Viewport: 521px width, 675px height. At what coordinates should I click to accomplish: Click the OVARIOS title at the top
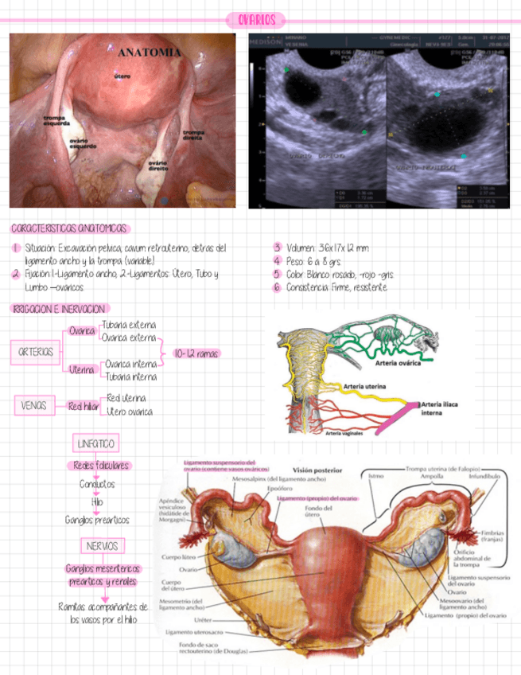(256, 19)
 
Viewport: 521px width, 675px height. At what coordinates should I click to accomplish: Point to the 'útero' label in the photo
(122, 76)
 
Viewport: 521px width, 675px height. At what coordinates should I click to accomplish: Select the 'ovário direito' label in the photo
(157, 166)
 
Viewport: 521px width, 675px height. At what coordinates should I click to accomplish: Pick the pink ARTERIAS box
(36, 351)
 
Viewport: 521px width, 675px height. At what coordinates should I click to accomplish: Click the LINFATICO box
(95, 443)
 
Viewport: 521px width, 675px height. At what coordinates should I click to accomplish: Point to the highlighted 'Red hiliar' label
(83, 406)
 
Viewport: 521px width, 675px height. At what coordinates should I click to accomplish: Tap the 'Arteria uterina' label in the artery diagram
(365, 386)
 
